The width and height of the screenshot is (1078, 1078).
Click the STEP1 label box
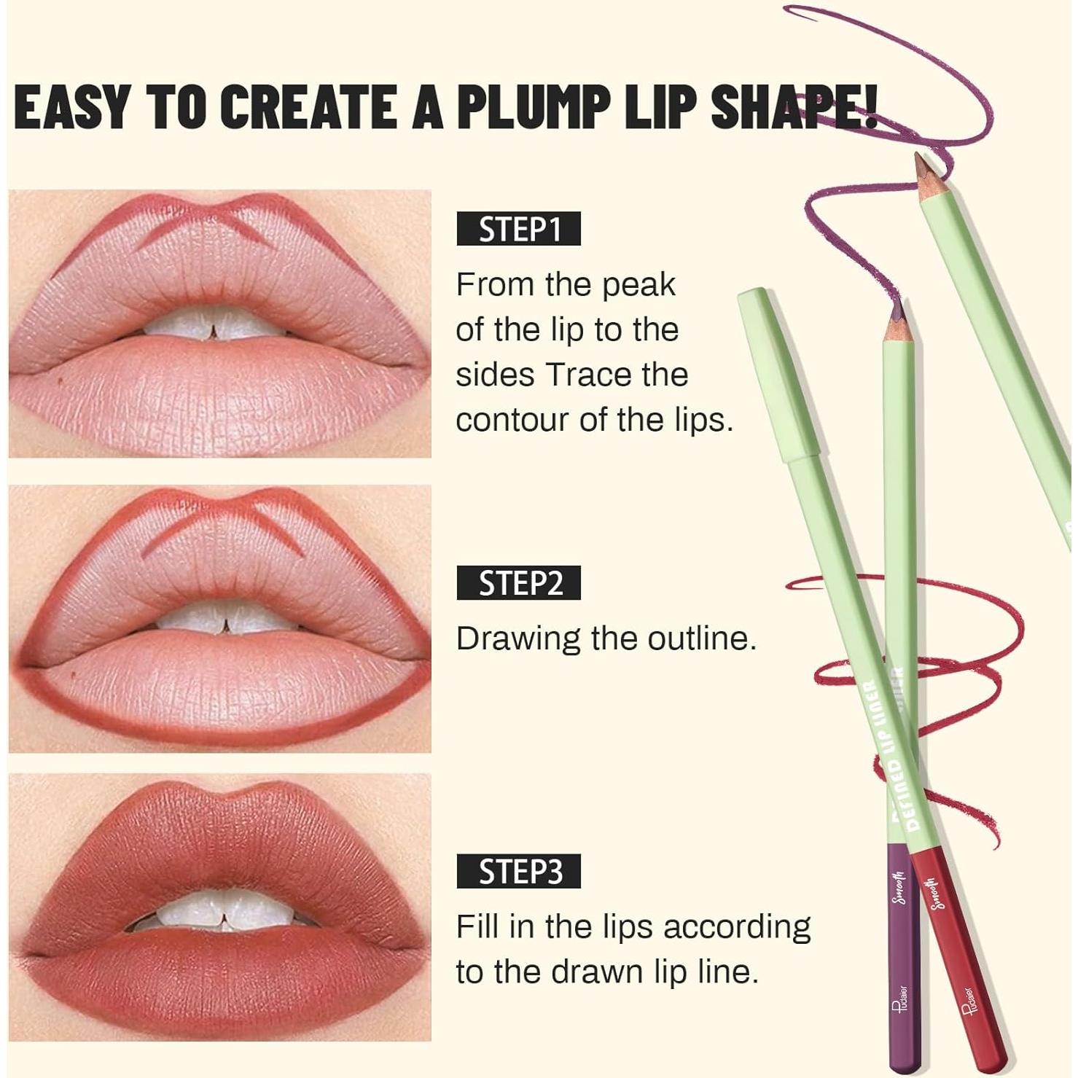pyautogui.click(x=518, y=229)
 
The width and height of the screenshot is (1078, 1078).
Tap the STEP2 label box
pyautogui.click(x=518, y=583)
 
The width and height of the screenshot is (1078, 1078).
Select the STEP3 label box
pyautogui.click(x=518, y=871)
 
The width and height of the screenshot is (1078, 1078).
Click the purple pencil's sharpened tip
pyautogui.click(x=896, y=312)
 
